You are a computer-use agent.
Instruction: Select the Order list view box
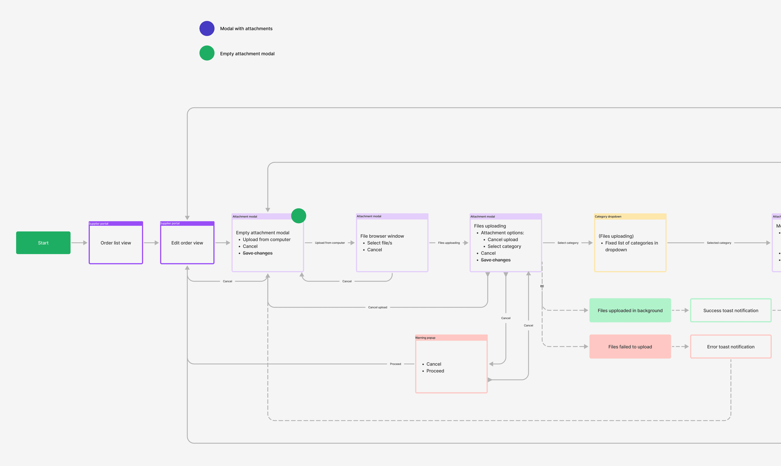[x=116, y=243]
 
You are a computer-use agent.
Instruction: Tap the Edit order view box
[x=187, y=243]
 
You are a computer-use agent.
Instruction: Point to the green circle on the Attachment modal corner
[x=298, y=216]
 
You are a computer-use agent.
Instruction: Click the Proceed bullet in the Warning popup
[x=435, y=371]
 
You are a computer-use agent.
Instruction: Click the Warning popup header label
[x=425, y=338]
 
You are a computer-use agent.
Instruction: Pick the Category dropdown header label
[x=608, y=217]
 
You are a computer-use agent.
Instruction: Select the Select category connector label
[x=568, y=243]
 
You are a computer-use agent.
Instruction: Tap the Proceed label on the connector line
[x=395, y=364]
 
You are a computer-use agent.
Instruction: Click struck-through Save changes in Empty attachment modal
[x=257, y=253]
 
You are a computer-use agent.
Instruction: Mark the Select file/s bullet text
[x=379, y=243]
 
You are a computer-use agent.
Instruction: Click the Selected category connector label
[x=719, y=243]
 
